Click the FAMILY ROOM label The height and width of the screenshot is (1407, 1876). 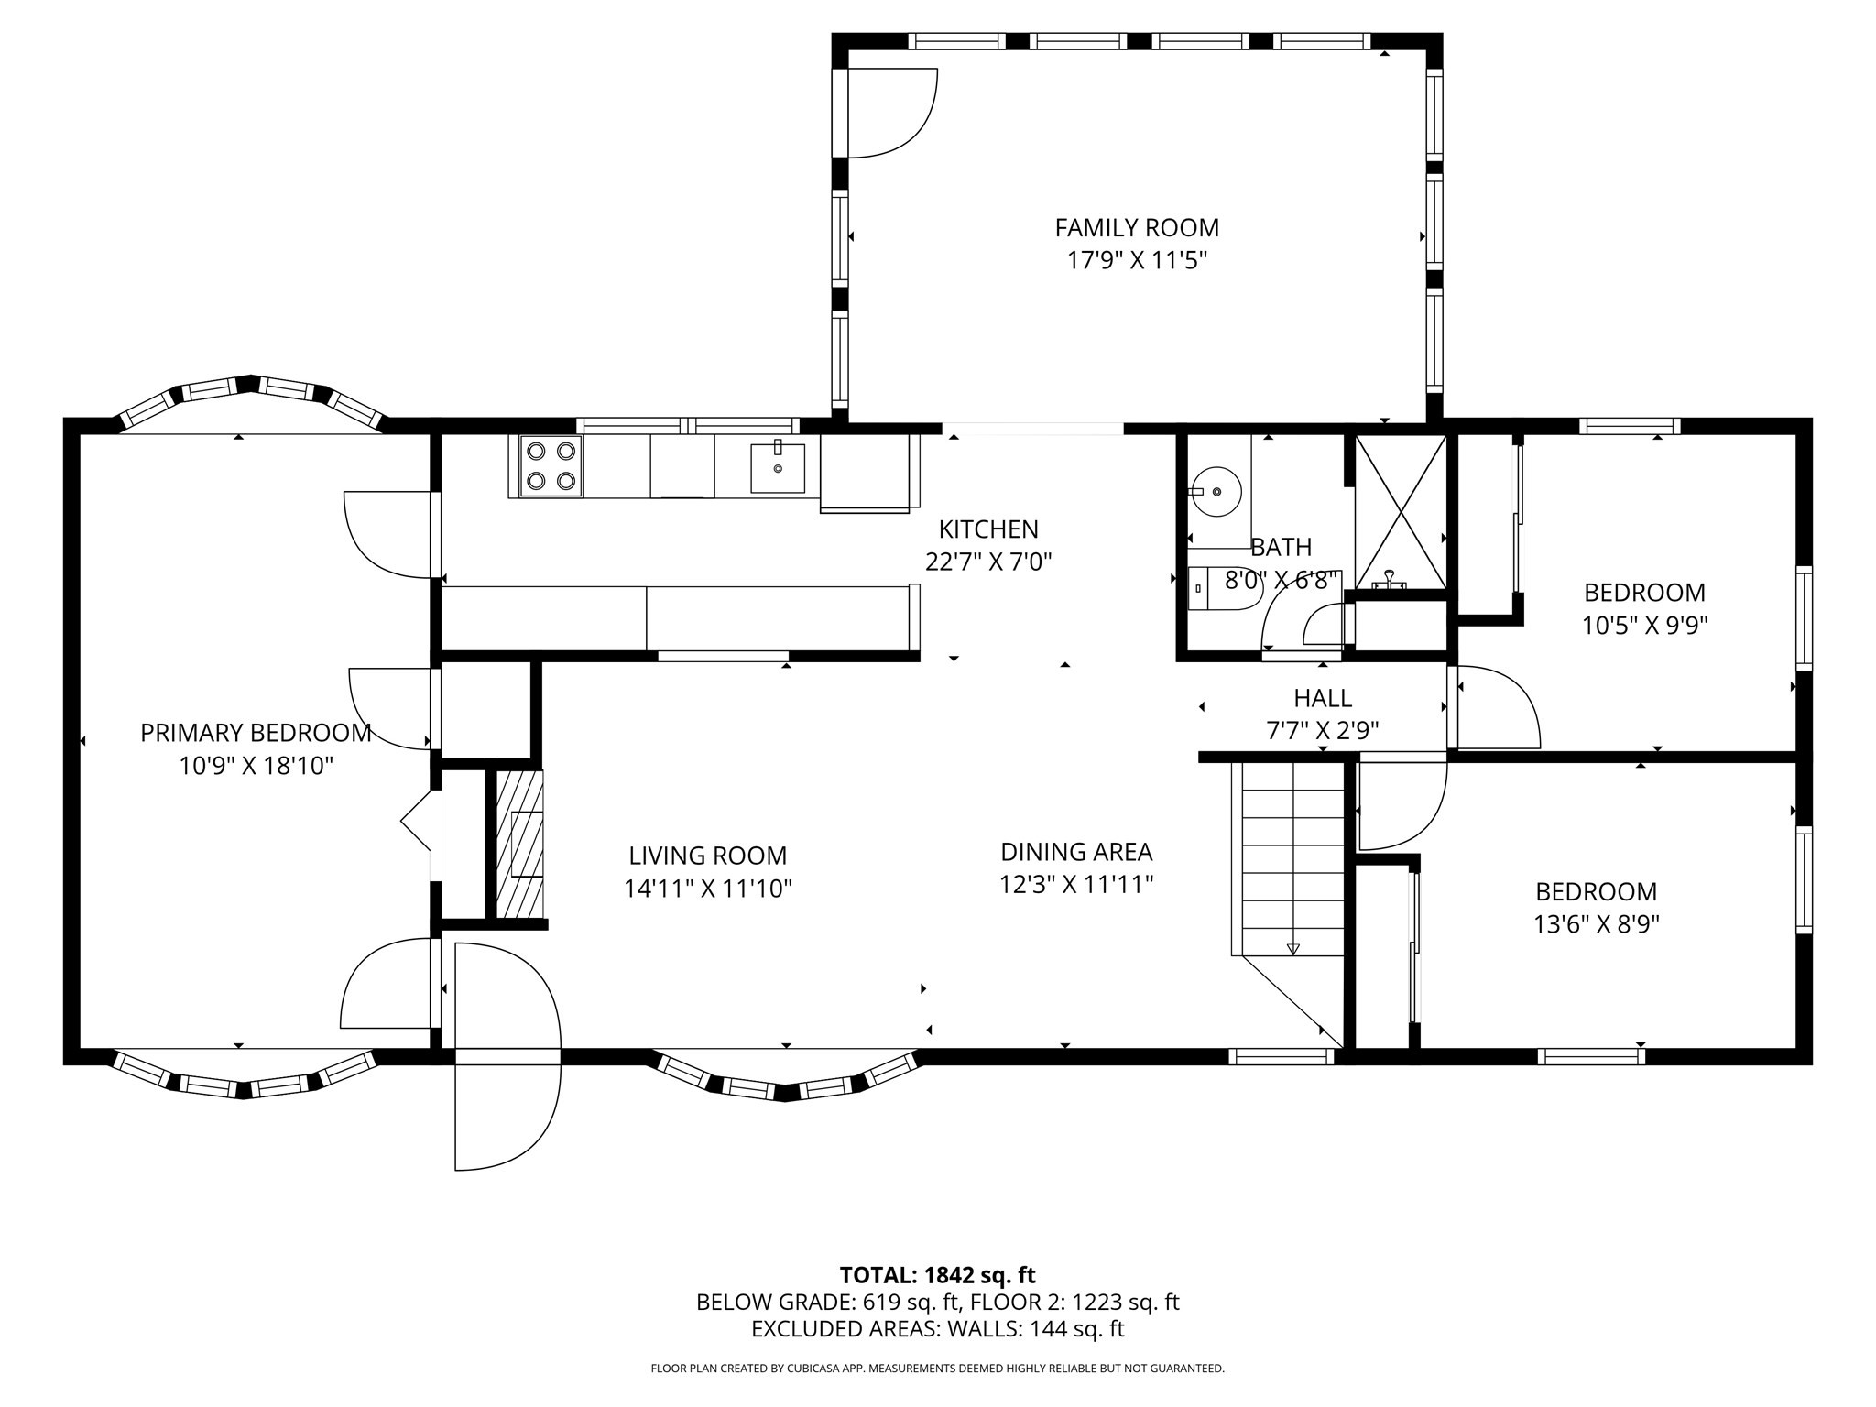[1136, 227]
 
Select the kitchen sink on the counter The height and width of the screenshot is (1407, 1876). [778, 467]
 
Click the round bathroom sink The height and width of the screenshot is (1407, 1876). [1216, 491]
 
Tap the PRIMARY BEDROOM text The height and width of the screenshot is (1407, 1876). [256, 733]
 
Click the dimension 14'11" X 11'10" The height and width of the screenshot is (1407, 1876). [707, 889]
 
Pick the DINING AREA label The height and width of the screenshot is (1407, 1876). [1075, 852]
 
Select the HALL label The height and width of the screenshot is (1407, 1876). [1322, 699]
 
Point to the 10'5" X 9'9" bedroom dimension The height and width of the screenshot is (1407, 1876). [1644, 626]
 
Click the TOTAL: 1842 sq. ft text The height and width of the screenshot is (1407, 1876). [937, 1275]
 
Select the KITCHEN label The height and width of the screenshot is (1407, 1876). [987, 529]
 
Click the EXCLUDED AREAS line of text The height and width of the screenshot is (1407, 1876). [937, 1328]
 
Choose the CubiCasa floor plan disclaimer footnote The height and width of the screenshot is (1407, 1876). [937, 1369]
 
